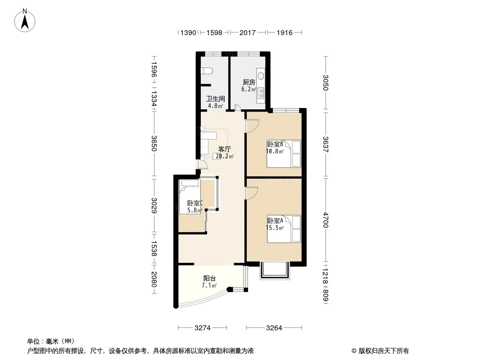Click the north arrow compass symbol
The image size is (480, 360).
[x=25, y=21]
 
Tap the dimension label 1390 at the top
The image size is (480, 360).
[x=188, y=32]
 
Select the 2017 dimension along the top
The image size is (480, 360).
[x=247, y=32]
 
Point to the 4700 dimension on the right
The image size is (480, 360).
[x=326, y=220]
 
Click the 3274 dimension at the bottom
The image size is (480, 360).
[x=202, y=328]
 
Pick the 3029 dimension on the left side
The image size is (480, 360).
[x=154, y=206]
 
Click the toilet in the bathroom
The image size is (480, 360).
[x=207, y=71]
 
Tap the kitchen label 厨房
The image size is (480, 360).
[x=249, y=82]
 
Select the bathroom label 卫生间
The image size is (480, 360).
[x=216, y=99]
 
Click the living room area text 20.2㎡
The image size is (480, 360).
[x=225, y=157]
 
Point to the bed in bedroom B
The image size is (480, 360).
[x=284, y=154]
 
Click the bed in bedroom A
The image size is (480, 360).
[x=284, y=229]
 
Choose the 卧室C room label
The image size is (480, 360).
[x=195, y=203]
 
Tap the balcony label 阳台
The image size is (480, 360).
[x=209, y=279]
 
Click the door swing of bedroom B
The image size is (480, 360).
[x=253, y=126]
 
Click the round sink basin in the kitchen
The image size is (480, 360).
[x=261, y=75]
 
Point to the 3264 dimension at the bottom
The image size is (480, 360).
[x=274, y=328]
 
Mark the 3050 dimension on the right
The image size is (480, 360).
[x=326, y=83]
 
